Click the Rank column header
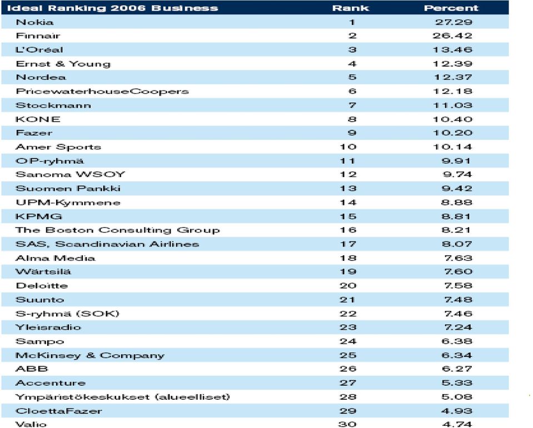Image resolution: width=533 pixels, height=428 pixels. [351, 8]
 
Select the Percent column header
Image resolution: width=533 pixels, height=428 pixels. [451, 8]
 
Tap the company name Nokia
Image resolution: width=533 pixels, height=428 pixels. [34, 22]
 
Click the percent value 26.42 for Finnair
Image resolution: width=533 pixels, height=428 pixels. [452, 36]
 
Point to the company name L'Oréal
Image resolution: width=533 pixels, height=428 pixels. [39, 50]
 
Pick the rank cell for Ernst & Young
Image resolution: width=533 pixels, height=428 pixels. [352, 64]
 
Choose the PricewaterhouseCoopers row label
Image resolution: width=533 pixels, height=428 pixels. [102, 91]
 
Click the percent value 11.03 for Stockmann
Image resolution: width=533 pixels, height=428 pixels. [453, 105]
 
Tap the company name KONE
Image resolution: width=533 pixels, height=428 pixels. [38, 119]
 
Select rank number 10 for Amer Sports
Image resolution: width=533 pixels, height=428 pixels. [348, 147]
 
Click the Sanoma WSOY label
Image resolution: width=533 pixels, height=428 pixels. [71, 174]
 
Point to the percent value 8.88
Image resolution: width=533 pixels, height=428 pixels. [456, 203]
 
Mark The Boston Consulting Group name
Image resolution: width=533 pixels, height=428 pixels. [118, 230]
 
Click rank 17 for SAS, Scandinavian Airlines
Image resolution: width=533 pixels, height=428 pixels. [348, 244]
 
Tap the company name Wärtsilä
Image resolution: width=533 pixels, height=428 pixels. [43, 271]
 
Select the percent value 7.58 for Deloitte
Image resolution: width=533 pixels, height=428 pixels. [458, 286]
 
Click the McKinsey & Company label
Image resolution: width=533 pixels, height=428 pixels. [90, 355]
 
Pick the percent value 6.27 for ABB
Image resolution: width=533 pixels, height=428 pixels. [457, 369]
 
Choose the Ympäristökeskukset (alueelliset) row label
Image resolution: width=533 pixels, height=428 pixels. [123, 397]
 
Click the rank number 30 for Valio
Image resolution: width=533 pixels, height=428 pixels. [347, 424]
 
